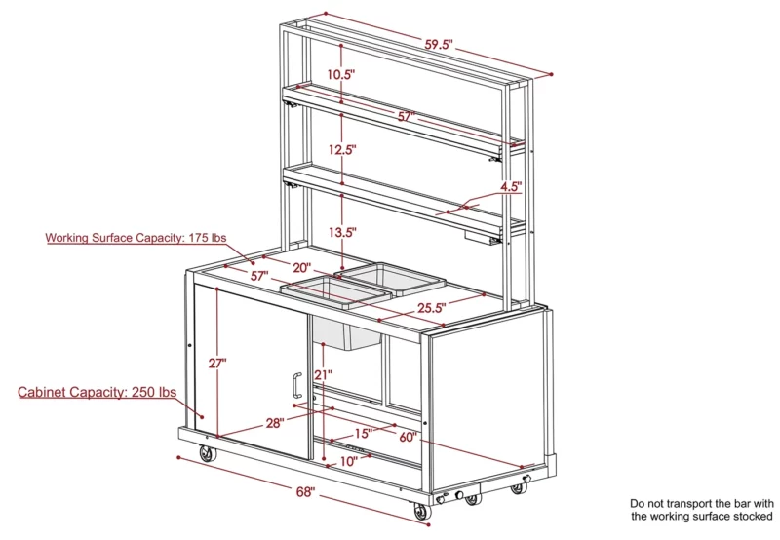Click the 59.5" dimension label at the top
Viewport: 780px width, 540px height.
coord(438,44)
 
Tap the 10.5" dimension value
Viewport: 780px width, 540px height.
coord(340,75)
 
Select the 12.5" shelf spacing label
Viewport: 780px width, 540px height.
coord(342,149)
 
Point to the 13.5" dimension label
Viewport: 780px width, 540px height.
coord(342,232)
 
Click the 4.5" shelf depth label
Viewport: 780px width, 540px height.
coord(511,186)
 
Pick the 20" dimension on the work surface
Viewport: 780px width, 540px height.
coord(301,267)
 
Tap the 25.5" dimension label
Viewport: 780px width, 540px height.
coord(431,308)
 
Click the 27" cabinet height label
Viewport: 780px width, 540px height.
coord(217,363)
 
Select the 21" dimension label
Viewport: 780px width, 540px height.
coord(323,374)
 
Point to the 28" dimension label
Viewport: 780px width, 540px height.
coord(275,423)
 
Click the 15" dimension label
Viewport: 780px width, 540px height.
coord(363,433)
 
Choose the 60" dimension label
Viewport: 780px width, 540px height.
coord(408,437)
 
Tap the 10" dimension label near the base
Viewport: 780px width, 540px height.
coord(349,461)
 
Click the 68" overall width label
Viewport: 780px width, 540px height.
coord(305,492)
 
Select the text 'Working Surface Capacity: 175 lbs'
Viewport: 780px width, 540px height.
coord(136,238)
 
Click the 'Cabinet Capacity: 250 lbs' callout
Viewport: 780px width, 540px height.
coord(97,392)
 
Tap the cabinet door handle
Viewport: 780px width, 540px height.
coord(296,385)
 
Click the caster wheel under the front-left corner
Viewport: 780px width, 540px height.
coord(208,454)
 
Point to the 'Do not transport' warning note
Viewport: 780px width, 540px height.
coord(702,510)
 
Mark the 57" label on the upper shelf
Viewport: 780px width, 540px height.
coord(407,116)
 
